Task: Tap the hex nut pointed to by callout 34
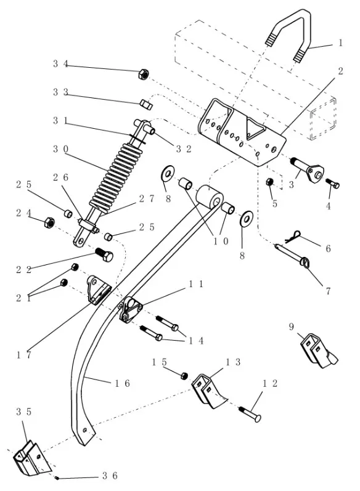pos(143,74)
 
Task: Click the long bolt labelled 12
pos(250,413)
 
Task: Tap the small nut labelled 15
pos(184,375)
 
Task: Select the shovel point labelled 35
pos(32,458)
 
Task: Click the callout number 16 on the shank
pos(122,383)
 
